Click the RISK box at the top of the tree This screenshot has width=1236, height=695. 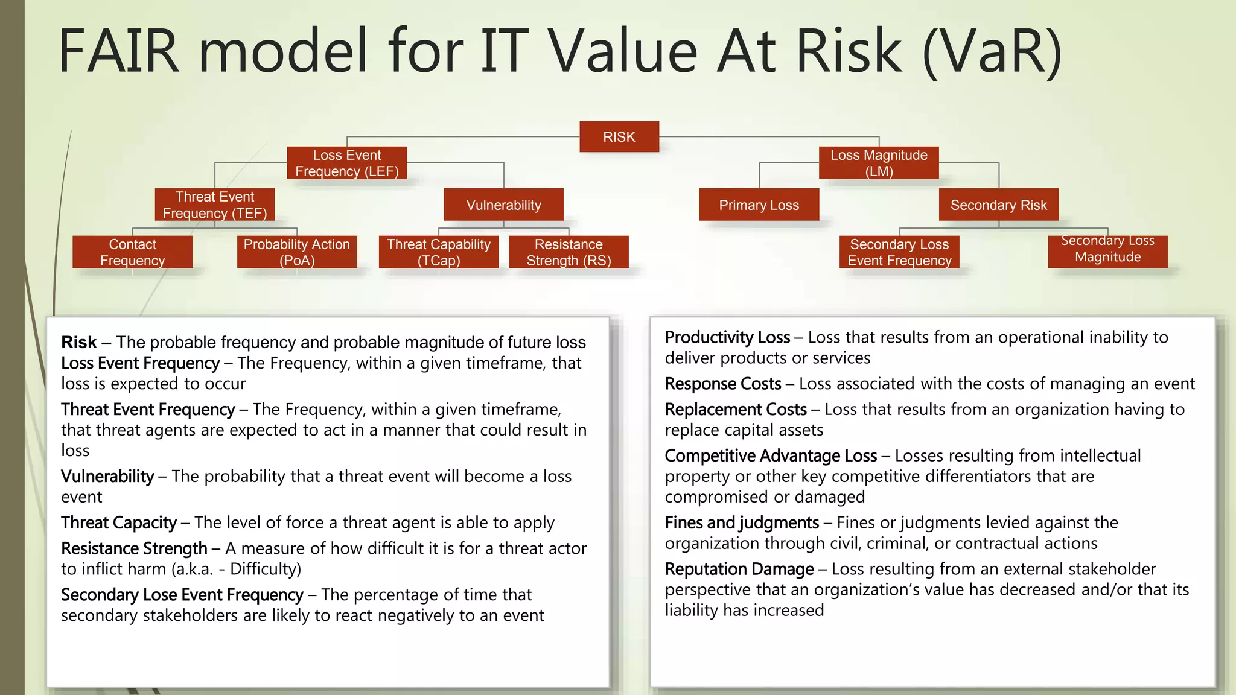pos(619,137)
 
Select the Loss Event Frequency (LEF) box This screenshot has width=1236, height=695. pos(347,163)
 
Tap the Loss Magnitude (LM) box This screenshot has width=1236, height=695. pos(879,163)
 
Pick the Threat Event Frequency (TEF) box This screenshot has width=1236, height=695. pos(215,205)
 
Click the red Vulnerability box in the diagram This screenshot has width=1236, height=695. pos(503,205)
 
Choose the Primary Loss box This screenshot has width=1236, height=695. pos(759,205)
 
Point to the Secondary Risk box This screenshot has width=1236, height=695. pos(998,205)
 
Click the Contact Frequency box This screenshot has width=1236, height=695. pos(132,252)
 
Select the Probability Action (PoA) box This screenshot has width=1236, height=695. pos(297,252)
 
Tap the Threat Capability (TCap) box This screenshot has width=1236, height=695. pos(439,252)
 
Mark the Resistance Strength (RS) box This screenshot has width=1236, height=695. pos(569,252)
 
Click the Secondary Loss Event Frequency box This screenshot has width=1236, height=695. pos(899,252)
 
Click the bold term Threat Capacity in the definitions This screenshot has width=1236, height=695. pos(119,522)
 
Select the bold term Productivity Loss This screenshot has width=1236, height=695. pos(727,337)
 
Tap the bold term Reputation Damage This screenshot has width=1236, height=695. pos(739,569)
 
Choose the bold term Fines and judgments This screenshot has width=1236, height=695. pos(742,522)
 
